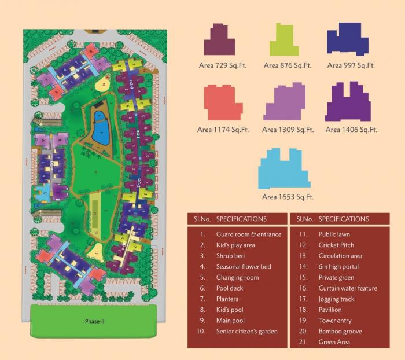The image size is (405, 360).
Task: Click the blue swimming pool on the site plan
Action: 101,129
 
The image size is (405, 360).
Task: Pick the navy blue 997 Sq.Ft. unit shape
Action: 348,41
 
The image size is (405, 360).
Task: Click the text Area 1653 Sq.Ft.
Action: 288,197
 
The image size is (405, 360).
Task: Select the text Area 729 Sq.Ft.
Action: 223,65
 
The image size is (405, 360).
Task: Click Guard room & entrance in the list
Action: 248,234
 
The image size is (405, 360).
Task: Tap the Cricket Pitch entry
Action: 336,245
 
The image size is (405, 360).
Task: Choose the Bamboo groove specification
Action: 338,332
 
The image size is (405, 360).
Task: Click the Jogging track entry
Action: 336,299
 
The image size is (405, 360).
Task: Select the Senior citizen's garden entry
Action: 247,332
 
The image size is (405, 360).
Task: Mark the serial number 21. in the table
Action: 302,342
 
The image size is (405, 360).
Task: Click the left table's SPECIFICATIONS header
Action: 241,219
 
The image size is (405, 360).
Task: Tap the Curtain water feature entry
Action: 347,288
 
